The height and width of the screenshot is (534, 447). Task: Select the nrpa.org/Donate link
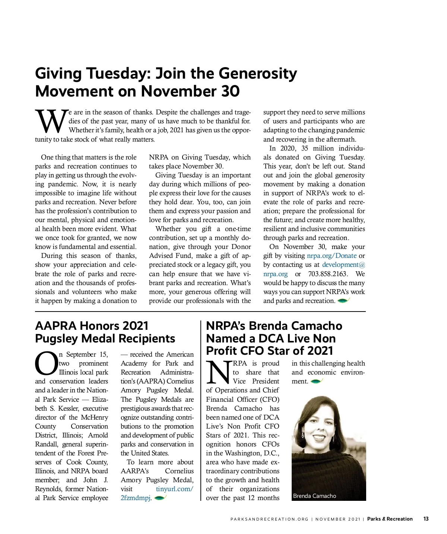(x=332, y=256)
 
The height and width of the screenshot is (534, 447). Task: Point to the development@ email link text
(x=343, y=265)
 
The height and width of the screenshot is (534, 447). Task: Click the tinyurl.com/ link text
(x=174, y=489)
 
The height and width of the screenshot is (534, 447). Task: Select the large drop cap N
(x=218, y=372)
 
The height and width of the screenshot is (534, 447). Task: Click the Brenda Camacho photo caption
(x=314, y=496)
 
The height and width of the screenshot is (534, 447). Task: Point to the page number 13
(x=426, y=519)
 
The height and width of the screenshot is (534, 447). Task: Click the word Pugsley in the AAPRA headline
(x=57, y=338)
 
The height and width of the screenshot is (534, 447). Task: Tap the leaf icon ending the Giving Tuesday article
(x=343, y=300)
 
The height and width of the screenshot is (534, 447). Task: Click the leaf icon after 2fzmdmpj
(x=160, y=498)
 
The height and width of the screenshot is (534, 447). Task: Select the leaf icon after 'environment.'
(x=316, y=381)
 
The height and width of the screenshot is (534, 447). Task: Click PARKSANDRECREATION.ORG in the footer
(x=269, y=519)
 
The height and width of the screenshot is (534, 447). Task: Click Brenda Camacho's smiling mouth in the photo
(x=319, y=436)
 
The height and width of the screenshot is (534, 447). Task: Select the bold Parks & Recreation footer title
(x=390, y=519)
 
